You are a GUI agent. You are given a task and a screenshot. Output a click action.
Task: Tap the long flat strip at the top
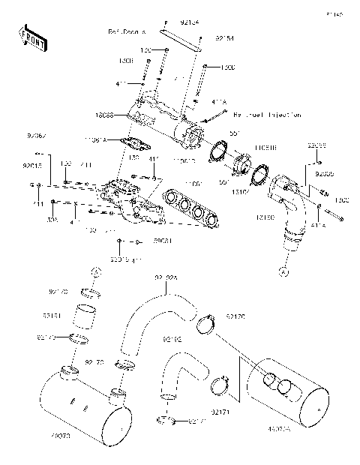coord(185,37)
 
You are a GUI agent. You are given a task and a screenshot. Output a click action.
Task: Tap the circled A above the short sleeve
coord(94,271)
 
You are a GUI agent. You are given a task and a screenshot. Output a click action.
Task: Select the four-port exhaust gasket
coord(191,209)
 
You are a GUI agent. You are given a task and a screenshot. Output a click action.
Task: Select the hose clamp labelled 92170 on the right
coord(206,325)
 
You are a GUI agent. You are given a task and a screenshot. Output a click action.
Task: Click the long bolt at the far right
coord(330,218)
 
